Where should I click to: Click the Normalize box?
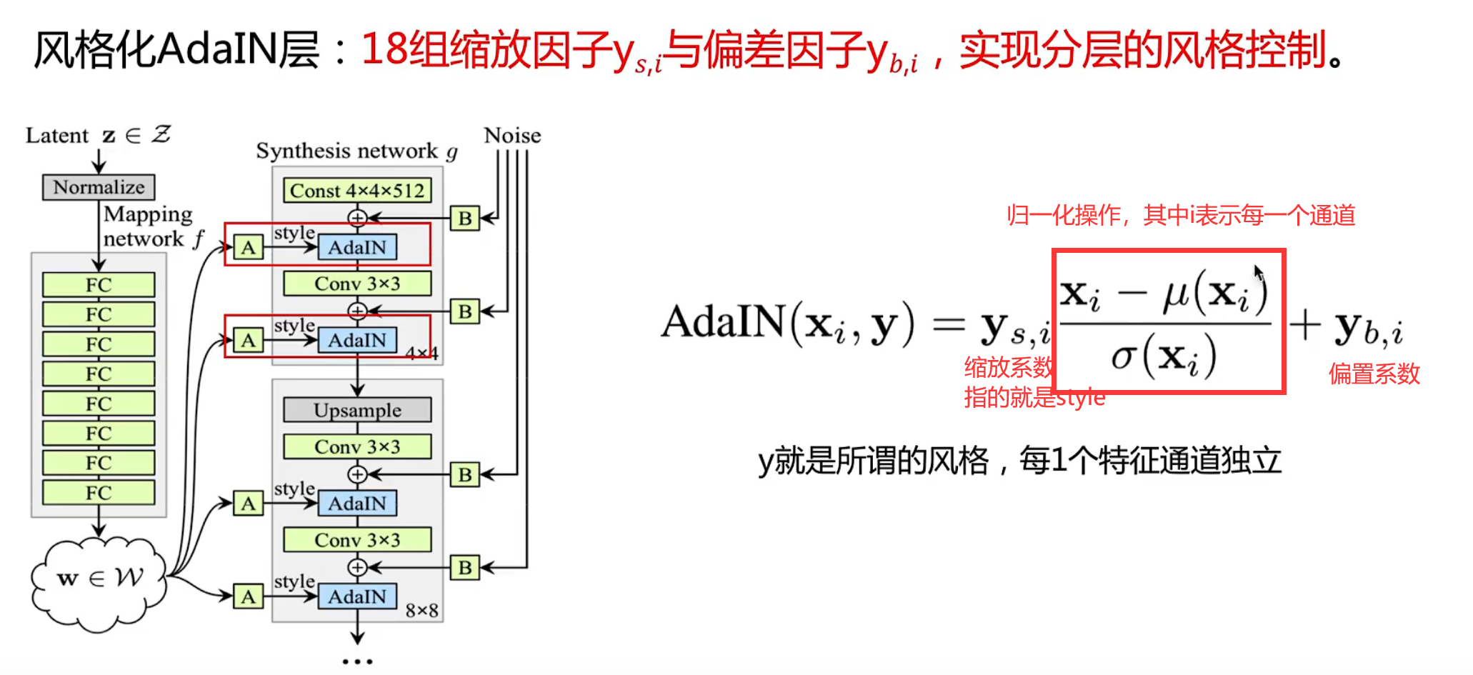[x=99, y=187]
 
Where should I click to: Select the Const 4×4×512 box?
[x=357, y=191]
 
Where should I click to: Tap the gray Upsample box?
[x=357, y=410]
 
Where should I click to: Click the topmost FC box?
[x=99, y=285]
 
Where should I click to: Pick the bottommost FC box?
[x=99, y=493]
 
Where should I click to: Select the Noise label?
[x=512, y=136]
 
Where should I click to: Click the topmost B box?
[x=465, y=218]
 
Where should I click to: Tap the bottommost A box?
[x=248, y=596]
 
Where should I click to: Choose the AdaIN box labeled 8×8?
[x=357, y=596]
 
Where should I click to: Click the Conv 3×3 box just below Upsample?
[x=357, y=447]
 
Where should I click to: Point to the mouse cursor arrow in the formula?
[x=1258, y=273]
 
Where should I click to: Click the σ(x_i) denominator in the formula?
[x=1164, y=356]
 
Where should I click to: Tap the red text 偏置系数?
[x=1374, y=374]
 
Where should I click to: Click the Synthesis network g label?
[x=356, y=151]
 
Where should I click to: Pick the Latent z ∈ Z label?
[x=98, y=135]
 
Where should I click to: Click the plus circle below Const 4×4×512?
[x=357, y=217]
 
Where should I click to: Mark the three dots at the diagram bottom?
[x=357, y=661]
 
